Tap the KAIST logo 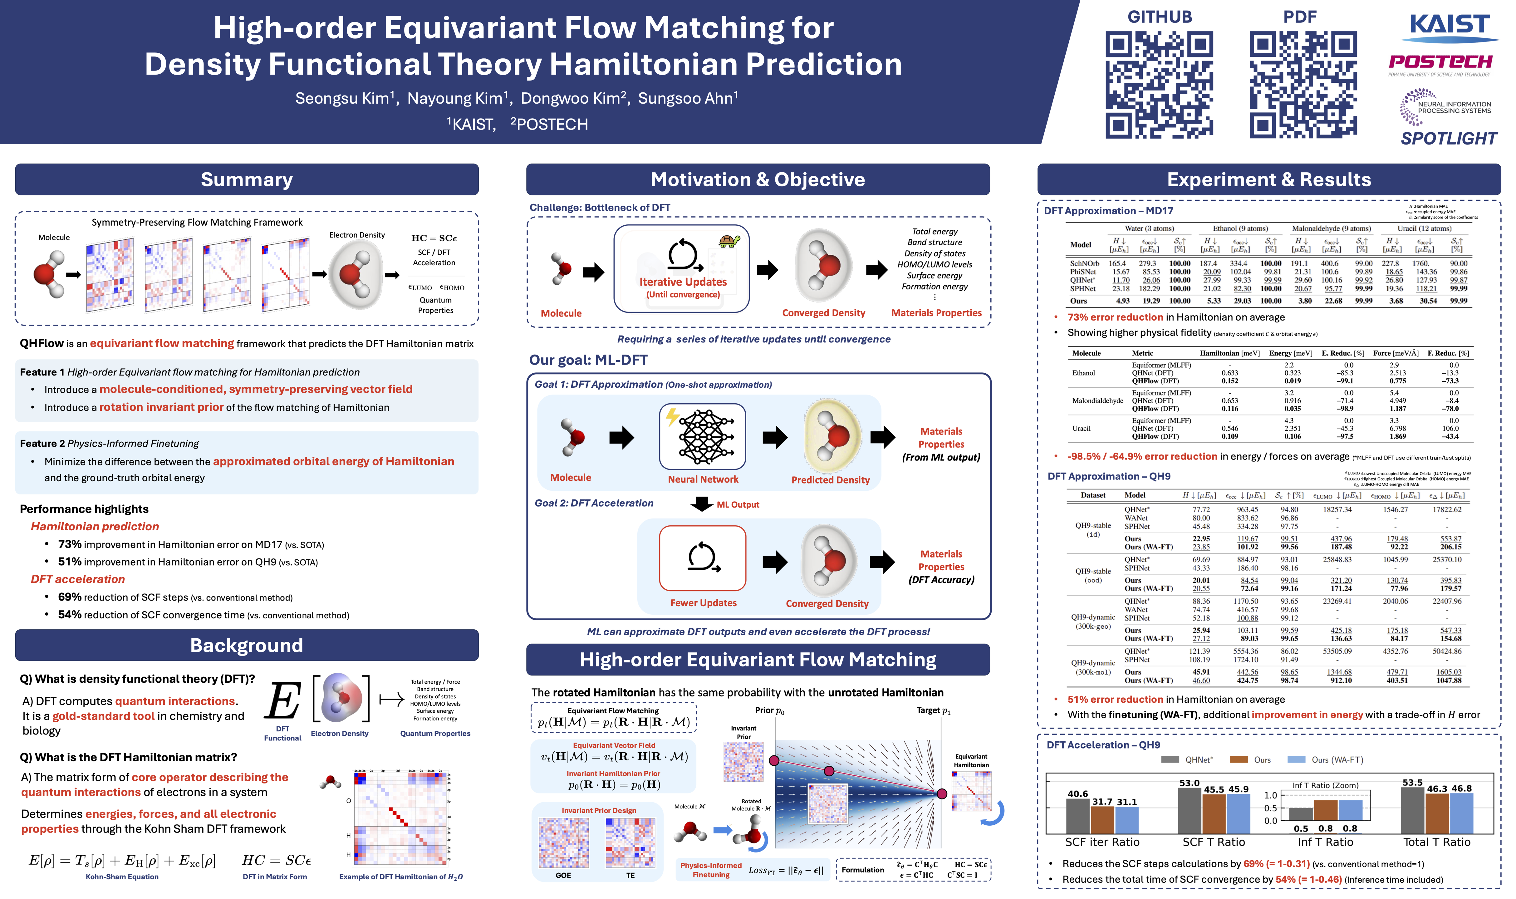(x=1450, y=26)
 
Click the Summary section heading (x=247, y=180)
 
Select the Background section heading (x=247, y=645)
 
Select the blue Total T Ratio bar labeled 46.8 (x=1461, y=813)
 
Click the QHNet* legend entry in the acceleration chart (x=1187, y=760)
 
